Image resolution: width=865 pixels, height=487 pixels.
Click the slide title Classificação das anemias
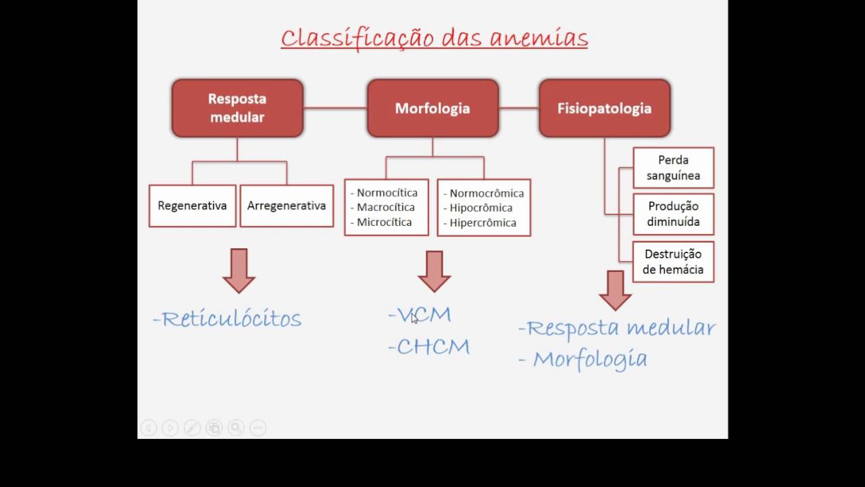(434, 38)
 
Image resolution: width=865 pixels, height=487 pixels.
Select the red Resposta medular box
(237, 108)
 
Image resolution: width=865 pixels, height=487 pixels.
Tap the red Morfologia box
(432, 108)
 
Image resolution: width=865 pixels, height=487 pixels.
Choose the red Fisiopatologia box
(604, 108)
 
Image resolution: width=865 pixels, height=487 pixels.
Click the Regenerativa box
(192, 206)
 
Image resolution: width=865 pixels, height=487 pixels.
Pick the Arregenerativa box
(287, 206)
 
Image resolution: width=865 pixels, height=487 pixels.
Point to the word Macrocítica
(385, 208)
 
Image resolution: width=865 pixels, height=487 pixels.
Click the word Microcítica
(384, 223)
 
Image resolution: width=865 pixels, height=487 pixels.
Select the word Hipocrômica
(480, 208)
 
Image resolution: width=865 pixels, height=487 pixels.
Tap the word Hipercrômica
(483, 223)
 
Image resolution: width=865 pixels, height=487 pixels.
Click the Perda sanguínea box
(673, 168)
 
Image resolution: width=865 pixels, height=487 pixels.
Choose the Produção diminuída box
(673, 214)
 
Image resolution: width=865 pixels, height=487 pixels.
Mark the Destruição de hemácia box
(673, 262)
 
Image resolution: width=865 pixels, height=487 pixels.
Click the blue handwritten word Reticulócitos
(231, 319)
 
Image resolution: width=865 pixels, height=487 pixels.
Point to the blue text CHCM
(432, 347)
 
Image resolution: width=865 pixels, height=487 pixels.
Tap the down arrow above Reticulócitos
(239, 270)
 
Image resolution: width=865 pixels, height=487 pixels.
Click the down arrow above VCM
(434, 271)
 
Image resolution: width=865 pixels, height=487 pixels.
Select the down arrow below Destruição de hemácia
(615, 290)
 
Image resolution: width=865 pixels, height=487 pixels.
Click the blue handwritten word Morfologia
(589, 359)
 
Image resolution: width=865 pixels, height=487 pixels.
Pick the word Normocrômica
(487, 193)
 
